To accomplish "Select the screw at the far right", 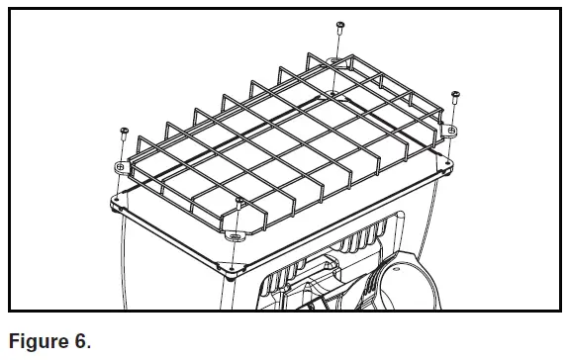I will tap(455, 97).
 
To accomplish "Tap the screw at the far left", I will tap(124, 132).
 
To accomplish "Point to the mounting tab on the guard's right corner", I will tap(451, 131).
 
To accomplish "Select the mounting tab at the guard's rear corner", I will tap(333, 62).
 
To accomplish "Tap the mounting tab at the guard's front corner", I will tap(236, 235).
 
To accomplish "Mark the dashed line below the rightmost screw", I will tap(454, 115).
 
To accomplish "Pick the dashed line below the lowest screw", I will tap(239, 220).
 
